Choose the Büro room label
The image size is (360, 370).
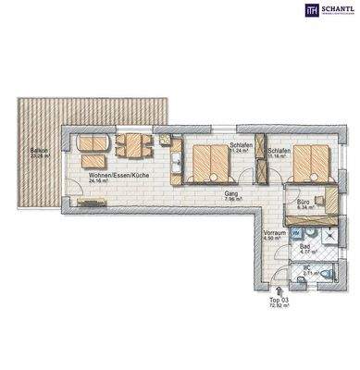(303, 201)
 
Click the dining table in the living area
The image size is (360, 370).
(134, 144)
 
